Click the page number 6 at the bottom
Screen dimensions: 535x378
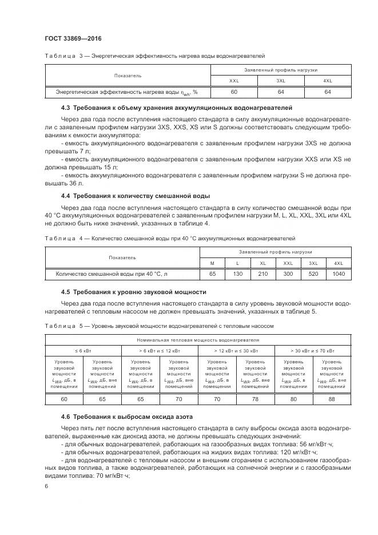(47, 485)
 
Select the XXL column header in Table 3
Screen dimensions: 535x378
(234, 81)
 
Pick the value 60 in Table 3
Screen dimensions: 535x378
(234, 92)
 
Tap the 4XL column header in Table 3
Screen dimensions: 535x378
(328, 81)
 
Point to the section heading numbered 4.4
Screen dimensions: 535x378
(135, 196)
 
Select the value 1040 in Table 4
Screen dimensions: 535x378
(338, 274)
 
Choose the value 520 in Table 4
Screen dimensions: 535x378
(313, 274)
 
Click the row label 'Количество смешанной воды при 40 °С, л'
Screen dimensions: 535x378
(112, 274)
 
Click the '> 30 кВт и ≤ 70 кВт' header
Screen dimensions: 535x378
(313, 350)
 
